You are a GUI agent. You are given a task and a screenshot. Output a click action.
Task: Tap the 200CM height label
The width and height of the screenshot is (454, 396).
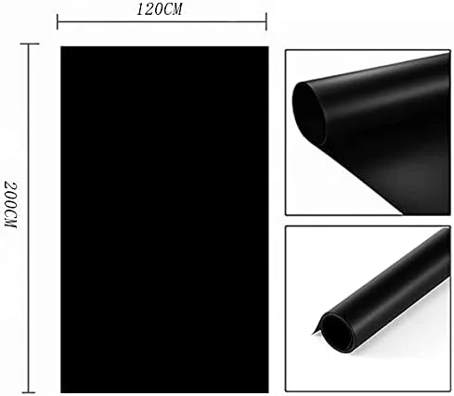tap(10, 205)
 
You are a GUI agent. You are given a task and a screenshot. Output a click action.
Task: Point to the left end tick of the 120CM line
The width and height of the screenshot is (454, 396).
tap(58, 20)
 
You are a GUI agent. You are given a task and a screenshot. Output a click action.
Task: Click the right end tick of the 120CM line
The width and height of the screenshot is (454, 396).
tap(266, 20)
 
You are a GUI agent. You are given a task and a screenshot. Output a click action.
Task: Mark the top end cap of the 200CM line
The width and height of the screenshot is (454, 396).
tap(30, 43)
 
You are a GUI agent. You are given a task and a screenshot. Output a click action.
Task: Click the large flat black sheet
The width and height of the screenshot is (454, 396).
tap(164, 220)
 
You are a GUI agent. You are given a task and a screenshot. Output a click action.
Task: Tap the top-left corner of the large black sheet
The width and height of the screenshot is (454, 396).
tap(62, 47)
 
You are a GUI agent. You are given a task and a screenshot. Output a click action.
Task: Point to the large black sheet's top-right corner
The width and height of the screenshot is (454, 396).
tap(267, 47)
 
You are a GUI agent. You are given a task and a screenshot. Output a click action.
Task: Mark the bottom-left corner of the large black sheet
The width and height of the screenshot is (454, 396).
tap(62, 391)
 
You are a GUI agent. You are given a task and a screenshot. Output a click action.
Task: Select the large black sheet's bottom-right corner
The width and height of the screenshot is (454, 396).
tap(267, 391)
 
